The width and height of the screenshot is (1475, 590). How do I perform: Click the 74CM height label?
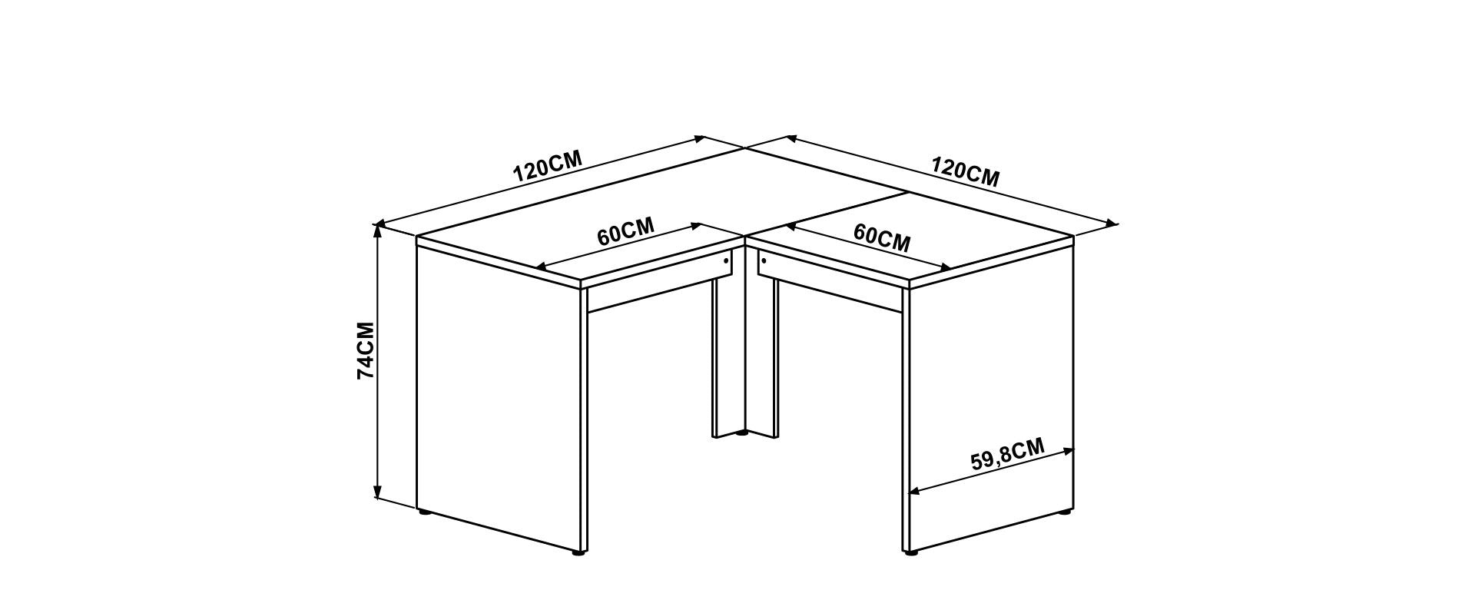click(x=366, y=350)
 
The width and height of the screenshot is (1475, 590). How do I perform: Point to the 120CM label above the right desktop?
click(x=966, y=172)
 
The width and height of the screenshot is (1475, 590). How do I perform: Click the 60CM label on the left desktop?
click(x=626, y=231)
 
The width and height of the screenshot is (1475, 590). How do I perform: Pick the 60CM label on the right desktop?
click(x=882, y=237)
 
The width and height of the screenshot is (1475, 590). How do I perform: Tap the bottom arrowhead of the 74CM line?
click(x=377, y=492)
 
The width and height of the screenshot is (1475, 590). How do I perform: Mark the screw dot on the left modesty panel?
click(x=725, y=261)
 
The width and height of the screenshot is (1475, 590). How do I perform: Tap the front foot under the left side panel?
click(x=579, y=552)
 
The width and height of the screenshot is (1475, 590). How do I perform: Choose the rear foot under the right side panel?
click(x=1065, y=511)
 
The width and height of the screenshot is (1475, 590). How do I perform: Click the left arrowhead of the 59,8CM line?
click(x=914, y=491)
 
